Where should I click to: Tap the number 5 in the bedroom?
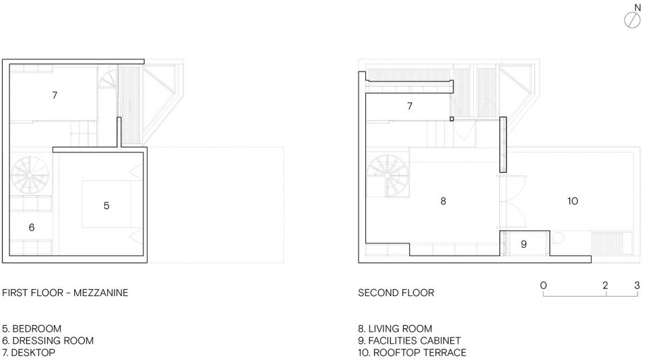[106, 206]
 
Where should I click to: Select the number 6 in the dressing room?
[32, 227]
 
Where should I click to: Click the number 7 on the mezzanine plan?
[55, 95]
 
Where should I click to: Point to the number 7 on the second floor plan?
[409, 106]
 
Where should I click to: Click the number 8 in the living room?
[443, 201]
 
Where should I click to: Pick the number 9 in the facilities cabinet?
[524, 244]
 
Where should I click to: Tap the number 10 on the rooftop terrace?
[573, 201]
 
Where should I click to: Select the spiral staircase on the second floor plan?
[387, 175]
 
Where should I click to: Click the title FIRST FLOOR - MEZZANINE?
[65, 293]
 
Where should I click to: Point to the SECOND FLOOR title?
[396, 293]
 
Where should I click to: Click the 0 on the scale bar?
[543, 285]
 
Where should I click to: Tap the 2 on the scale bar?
[605, 285]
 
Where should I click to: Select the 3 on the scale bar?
[637, 285]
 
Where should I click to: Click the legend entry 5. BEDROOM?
[32, 328]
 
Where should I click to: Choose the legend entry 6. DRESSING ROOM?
[48, 340]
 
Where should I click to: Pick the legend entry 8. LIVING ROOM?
[396, 328]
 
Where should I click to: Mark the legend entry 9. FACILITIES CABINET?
[409, 340]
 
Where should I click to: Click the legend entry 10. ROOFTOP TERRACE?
[412, 353]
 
